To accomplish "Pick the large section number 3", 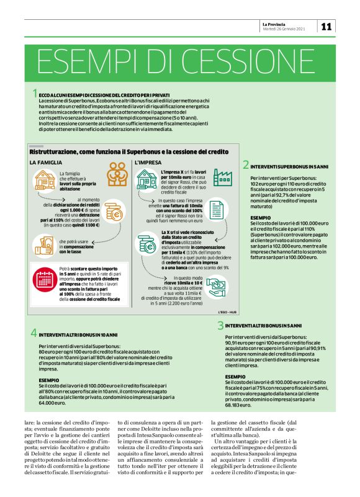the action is [x=220, y=326].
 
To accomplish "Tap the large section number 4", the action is [x=34, y=333].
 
